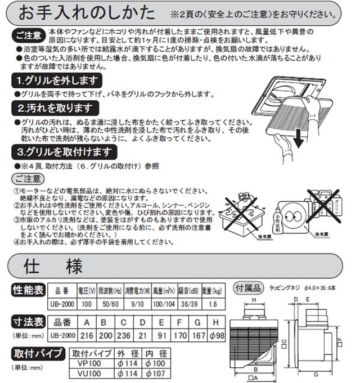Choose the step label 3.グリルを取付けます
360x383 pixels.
[64, 151]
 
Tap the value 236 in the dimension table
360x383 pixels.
[123, 335]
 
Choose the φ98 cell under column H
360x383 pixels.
[217, 335]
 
